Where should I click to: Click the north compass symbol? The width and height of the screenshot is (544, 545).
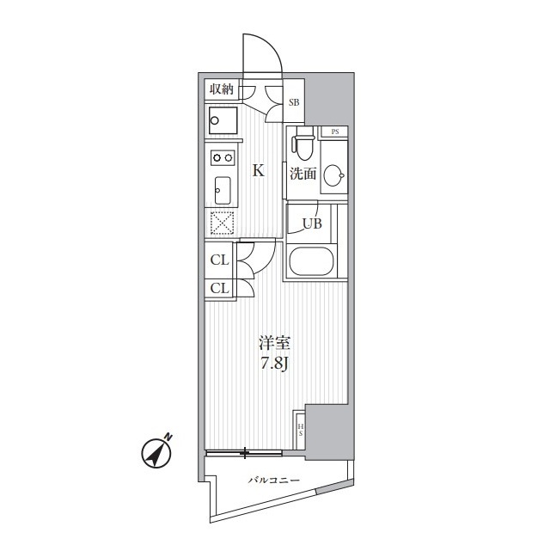pyautogui.click(x=157, y=452)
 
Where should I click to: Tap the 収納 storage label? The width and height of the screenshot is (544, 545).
pyautogui.click(x=221, y=89)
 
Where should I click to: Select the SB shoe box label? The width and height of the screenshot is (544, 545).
pyautogui.click(x=294, y=102)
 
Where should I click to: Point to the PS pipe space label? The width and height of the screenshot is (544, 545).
pyautogui.click(x=335, y=132)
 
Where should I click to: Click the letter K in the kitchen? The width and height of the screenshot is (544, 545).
pyautogui.click(x=259, y=171)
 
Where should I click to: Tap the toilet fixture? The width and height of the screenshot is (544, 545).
pyautogui.click(x=304, y=144)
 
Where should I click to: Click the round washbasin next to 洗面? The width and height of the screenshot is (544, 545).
pyautogui.click(x=334, y=175)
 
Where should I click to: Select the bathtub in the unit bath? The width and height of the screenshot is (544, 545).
pyautogui.click(x=311, y=261)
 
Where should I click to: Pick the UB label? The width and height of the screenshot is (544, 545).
pyautogui.click(x=313, y=224)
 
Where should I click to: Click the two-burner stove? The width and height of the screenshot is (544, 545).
pyautogui.click(x=223, y=158)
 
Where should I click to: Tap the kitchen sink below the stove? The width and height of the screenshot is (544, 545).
pyautogui.click(x=223, y=190)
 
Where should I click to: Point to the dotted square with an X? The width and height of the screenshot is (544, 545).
pyautogui.click(x=223, y=223)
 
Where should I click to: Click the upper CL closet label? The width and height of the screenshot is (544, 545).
pyautogui.click(x=220, y=260)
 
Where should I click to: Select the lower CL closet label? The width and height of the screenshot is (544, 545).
pyautogui.click(x=220, y=288)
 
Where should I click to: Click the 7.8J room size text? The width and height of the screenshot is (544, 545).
pyautogui.click(x=275, y=364)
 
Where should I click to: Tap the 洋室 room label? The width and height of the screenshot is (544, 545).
pyautogui.click(x=274, y=343)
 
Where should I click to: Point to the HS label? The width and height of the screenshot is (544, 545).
pyautogui.click(x=300, y=430)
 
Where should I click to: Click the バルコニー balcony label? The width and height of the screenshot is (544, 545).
pyautogui.click(x=274, y=481)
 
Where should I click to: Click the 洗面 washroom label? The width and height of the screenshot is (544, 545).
pyautogui.click(x=303, y=174)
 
